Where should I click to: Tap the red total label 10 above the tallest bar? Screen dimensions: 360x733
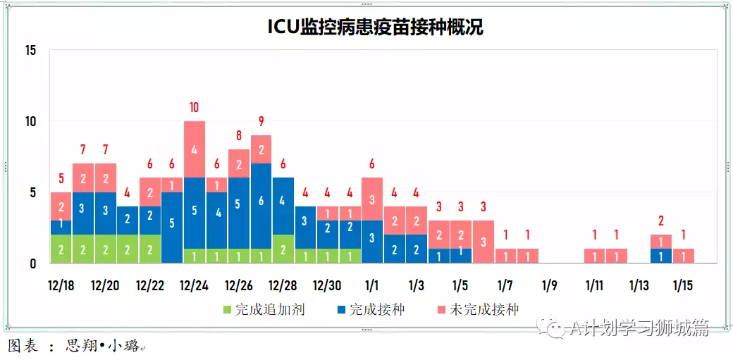tap(194, 108)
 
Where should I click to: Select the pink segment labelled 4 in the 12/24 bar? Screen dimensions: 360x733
tap(194, 149)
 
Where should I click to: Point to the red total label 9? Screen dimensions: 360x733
tap(261, 121)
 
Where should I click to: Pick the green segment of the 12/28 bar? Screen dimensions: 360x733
tap(283, 249)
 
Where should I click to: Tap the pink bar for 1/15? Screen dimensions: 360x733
tap(683, 256)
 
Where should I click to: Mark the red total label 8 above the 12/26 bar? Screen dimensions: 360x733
tap(238, 136)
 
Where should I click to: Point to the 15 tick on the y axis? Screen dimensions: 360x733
tap(30, 51)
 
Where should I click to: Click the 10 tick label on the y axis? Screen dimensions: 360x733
tap(30, 121)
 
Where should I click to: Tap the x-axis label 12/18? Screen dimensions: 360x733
tap(61, 285)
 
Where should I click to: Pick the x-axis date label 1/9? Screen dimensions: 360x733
tap(550, 285)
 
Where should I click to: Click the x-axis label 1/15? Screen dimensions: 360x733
tap(682, 285)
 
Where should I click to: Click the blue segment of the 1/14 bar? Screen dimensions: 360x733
tap(660, 256)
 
